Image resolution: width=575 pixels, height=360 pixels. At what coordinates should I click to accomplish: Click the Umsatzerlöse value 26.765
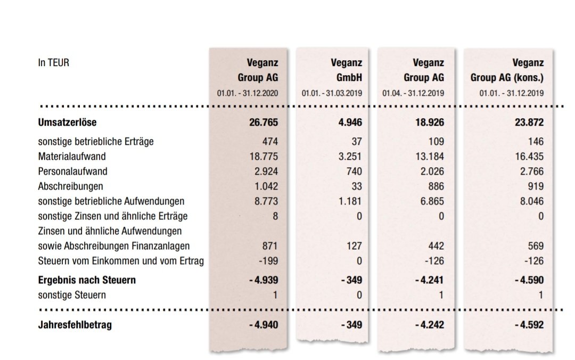(264, 122)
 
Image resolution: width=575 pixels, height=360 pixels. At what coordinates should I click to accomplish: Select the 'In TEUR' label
(54, 63)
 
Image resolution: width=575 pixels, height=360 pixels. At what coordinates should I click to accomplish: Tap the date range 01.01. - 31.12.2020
(247, 93)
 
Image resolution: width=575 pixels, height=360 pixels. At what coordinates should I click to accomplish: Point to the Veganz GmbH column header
(346, 70)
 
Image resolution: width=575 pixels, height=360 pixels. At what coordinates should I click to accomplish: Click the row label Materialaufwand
(72, 157)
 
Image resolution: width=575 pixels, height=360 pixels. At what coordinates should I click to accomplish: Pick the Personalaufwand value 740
(354, 171)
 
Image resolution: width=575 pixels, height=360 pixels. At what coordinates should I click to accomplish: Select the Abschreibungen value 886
(436, 186)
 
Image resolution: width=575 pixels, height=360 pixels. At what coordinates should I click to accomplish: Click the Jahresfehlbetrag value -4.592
(529, 325)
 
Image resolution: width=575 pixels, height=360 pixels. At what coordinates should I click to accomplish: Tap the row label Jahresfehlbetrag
(75, 325)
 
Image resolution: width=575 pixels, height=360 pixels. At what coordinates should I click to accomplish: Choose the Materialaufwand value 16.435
(529, 157)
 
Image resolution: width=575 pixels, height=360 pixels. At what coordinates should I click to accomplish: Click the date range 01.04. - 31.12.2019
(413, 93)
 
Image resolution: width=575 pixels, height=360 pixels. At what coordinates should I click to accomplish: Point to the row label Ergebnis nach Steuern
(87, 280)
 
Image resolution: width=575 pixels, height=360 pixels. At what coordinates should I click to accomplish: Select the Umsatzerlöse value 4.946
(350, 122)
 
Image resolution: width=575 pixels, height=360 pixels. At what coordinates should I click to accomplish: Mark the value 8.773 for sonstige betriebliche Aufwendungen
(266, 201)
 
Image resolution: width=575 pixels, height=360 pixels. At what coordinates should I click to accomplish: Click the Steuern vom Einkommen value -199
(268, 261)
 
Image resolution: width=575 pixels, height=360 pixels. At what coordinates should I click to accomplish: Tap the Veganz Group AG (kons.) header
(507, 70)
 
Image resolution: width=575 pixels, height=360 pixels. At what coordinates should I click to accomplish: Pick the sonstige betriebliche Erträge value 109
(436, 141)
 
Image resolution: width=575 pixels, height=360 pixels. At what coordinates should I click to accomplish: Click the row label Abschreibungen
(70, 186)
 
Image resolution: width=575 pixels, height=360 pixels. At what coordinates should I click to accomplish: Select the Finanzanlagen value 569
(536, 246)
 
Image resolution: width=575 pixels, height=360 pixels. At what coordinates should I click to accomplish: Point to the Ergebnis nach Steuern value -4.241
(429, 280)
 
